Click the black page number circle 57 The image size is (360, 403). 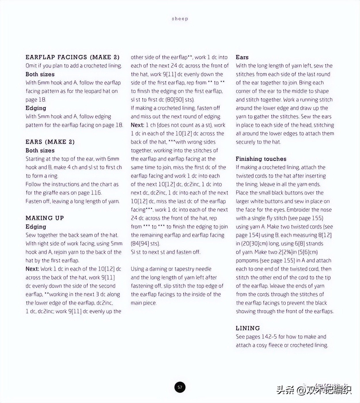tap(180, 387)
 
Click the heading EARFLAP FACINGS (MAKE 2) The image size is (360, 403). tap(72, 57)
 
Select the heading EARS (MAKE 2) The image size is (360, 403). tap(50, 142)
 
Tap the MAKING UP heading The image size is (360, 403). tap(45, 218)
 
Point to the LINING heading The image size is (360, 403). tap(248, 328)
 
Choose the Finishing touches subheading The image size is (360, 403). tap(261, 159)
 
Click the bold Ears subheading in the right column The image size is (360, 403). tap(242, 57)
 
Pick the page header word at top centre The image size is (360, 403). tap(180, 19)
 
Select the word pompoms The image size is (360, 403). tap(247, 261)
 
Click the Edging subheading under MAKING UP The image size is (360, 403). tap(36, 227)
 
